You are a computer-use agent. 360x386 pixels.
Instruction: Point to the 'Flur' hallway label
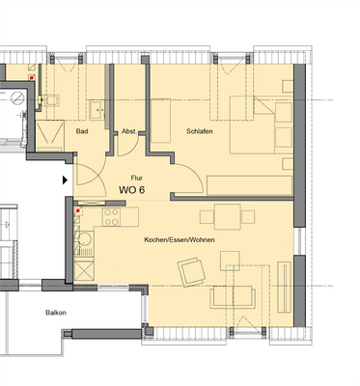click(x=137, y=178)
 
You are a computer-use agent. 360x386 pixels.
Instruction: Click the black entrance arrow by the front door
click(x=66, y=179)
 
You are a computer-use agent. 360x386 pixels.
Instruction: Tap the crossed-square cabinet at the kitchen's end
click(x=84, y=273)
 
